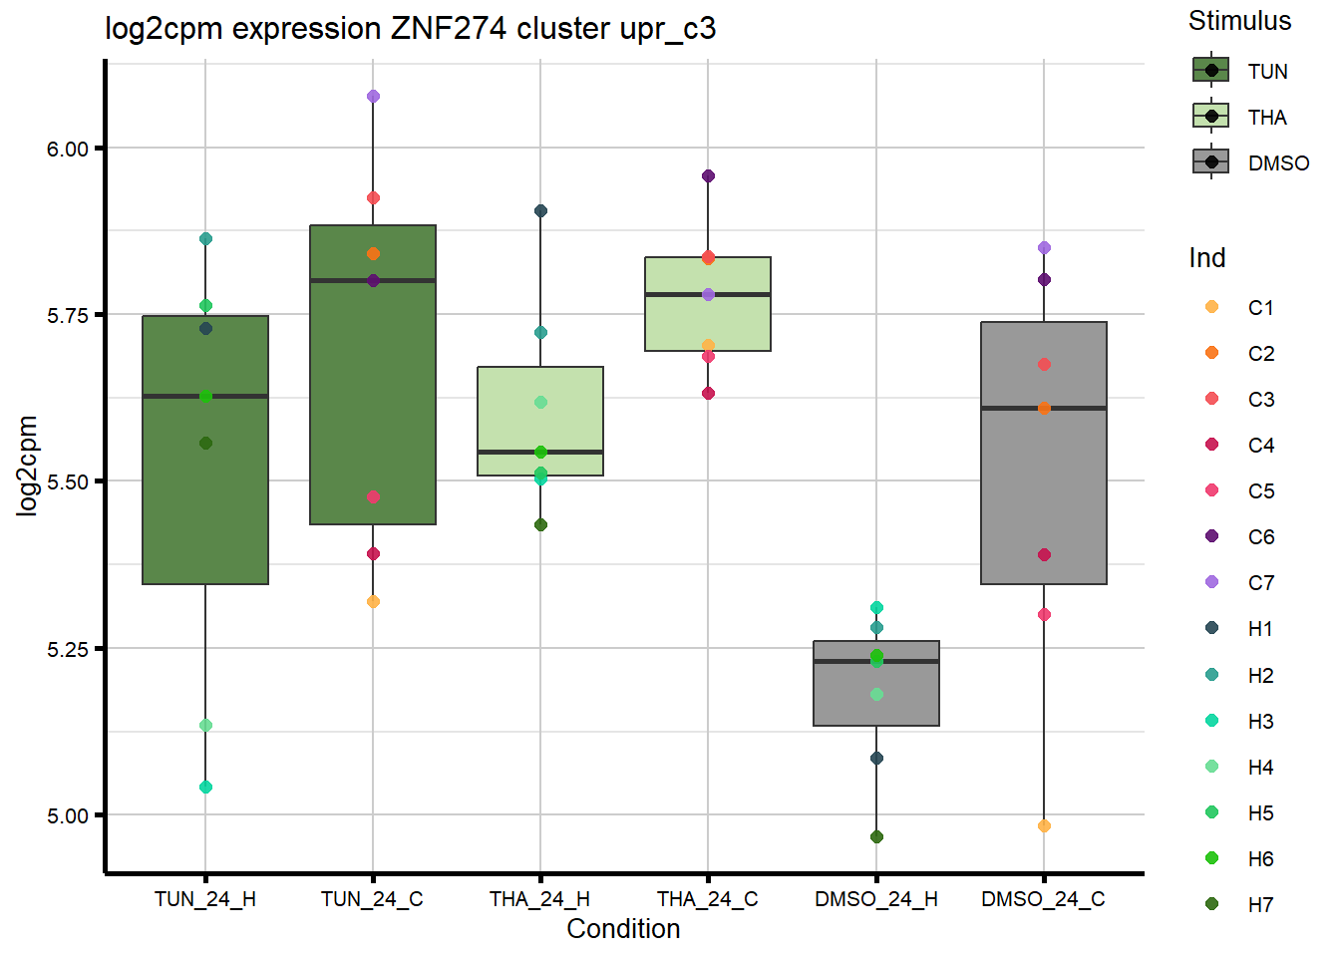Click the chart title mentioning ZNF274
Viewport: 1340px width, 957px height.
coord(410,28)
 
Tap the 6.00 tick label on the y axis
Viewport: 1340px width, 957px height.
coord(68,149)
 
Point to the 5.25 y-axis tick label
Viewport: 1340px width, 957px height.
coord(68,649)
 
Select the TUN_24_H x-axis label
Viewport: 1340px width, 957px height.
coord(205,899)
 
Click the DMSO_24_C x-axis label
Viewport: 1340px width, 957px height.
coord(1043,899)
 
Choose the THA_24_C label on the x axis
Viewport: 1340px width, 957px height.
coord(707,899)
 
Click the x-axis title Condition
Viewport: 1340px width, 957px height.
coord(623,929)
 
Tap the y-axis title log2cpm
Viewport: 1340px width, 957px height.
coord(27,466)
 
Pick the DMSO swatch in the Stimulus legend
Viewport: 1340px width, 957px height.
coord(1211,162)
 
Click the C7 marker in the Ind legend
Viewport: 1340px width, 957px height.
coord(1211,582)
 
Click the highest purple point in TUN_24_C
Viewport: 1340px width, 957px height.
coord(373,97)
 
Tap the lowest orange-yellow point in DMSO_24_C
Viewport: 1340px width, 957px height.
coord(1044,825)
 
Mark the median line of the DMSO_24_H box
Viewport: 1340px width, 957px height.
coord(876,661)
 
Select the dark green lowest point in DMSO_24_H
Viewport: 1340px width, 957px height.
coord(876,836)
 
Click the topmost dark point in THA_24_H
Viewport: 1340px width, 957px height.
coord(540,210)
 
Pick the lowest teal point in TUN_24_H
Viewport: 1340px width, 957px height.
coord(205,787)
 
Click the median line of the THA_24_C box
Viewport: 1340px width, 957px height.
coord(708,294)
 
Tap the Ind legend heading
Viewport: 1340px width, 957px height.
coord(1206,258)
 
